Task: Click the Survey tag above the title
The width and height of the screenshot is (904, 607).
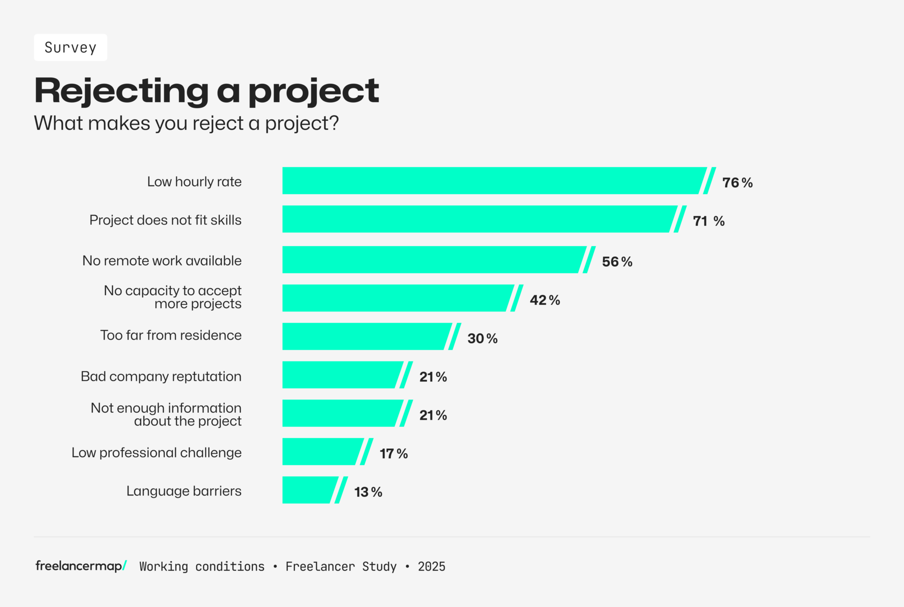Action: [71, 48]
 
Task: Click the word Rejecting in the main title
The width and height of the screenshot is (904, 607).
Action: [121, 91]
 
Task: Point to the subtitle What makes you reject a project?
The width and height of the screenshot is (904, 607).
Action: [186, 123]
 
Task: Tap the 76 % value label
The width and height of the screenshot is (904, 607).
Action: [737, 183]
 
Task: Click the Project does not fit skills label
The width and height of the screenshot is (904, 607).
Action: [165, 220]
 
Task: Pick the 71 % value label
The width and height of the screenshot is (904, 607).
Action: [709, 221]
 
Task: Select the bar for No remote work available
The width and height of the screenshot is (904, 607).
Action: [433, 260]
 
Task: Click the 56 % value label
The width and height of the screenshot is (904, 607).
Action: [617, 262]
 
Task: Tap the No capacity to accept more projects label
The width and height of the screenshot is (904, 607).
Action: [173, 297]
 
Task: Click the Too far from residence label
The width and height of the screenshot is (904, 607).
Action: [171, 335]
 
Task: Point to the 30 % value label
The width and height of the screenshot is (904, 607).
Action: [482, 338]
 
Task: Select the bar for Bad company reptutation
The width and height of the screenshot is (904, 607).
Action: [341, 375]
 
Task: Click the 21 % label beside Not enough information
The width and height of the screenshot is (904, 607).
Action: [433, 415]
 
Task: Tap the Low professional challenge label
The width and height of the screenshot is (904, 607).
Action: [156, 453]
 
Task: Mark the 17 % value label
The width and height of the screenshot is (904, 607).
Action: [394, 454]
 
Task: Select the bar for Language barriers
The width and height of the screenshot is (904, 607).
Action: [309, 490]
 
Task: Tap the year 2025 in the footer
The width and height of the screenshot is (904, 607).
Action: [431, 567]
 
